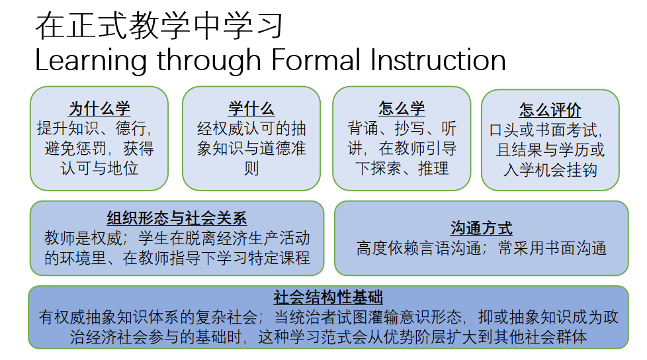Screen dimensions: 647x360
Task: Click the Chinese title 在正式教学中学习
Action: [x=159, y=26]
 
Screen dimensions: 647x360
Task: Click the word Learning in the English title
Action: [x=91, y=61]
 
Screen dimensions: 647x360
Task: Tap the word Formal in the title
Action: [x=316, y=60]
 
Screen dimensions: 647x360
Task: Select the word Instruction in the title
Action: [x=438, y=60]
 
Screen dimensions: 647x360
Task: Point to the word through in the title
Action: [x=209, y=61]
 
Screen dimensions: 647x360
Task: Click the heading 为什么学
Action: [x=99, y=109]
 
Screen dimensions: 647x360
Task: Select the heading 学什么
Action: [x=251, y=109]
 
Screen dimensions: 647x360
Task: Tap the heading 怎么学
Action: [x=402, y=109]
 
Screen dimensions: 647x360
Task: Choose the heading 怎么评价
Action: [x=550, y=111]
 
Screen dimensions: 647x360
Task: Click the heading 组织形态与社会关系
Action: [x=177, y=218]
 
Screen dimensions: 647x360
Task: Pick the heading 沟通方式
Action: [x=482, y=228]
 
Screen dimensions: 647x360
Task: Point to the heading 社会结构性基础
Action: [x=328, y=297]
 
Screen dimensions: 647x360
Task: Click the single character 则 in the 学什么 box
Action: [x=251, y=169]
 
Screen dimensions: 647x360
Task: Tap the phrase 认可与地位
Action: [x=99, y=169]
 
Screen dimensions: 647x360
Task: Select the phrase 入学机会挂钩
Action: [x=550, y=169]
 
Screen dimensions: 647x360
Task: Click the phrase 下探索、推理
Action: [x=402, y=169]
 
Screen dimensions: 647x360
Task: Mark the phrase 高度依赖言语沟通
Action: [x=418, y=248]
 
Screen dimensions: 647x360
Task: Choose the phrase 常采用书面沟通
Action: [x=552, y=248]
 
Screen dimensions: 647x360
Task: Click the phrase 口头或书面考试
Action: [x=543, y=130]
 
